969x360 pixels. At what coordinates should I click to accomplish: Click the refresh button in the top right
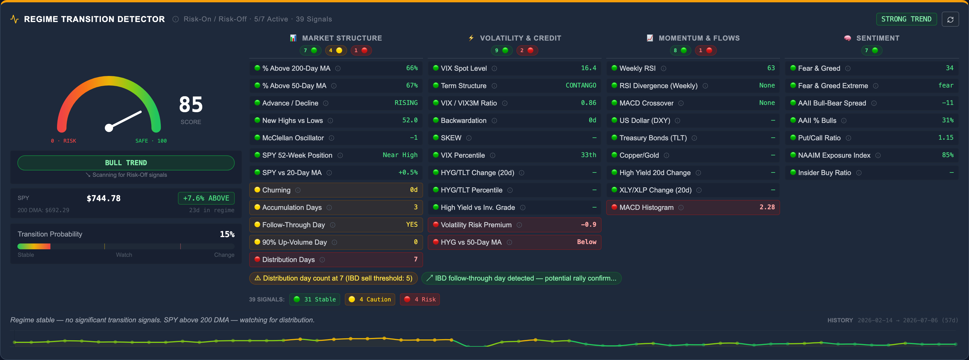click(950, 19)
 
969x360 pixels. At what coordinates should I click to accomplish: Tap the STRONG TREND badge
click(906, 19)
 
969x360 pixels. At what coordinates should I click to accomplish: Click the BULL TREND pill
click(126, 163)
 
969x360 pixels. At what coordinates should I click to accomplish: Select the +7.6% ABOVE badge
click(206, 198)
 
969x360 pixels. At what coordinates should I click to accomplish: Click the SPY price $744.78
click(103, 198)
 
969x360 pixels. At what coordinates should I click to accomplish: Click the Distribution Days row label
click(289, 259)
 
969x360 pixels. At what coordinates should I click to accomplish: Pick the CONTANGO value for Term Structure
click(581, 86)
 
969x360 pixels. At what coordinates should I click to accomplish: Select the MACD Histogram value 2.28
click(767, 207)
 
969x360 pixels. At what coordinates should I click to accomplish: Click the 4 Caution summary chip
click(370, 299)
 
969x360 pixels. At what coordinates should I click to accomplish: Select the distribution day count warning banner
click(333, 278)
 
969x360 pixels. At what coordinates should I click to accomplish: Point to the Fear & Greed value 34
click(949, 68)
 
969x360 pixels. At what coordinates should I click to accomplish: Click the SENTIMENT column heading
click(878, 38)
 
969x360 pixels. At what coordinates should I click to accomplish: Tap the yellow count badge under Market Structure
click(336, 50)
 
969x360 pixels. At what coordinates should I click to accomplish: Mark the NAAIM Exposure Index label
click(834, 155)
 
